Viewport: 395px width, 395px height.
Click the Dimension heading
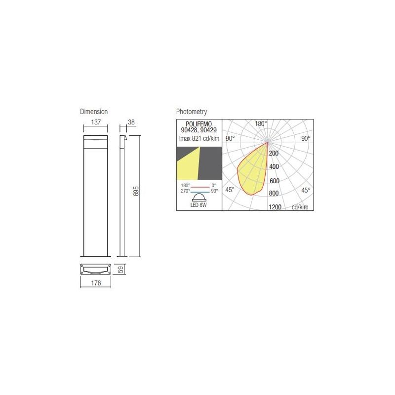pyautogui.click(x=94, y=112)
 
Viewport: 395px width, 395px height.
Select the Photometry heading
pyautogui.click(x=192, y=112)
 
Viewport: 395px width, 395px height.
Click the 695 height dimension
pyautogui.click(x=137, y=192)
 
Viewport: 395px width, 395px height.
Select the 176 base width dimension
pyautogui.click(x=96, y=283)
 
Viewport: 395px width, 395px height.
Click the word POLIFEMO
pyautogui.click(x=198, y=124)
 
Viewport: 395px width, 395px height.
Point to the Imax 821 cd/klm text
pyautogui.click(x=198, y=138)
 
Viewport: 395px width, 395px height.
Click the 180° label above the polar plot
pyautogui.click(x=261, y=123)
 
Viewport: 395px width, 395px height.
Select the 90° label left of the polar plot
pyautogui.click(x=230, y=139)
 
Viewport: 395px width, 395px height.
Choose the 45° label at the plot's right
pyautogui.click(x=306, y=190)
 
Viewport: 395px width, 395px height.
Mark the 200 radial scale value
pyautogui.click(x=274, y=154)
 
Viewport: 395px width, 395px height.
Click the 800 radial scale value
pyautogui.click(x=274, y=193)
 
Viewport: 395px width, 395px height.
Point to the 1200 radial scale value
pyautogui.click(x=275, y=207)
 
